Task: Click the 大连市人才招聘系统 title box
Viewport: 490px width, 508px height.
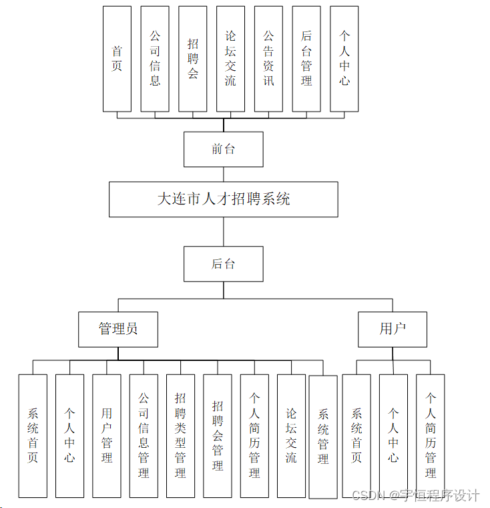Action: pos(223,199)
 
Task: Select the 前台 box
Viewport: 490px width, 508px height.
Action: pos(223,149)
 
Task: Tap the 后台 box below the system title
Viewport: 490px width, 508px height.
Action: pos(223,264)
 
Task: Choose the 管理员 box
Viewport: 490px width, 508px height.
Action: pos(118,329)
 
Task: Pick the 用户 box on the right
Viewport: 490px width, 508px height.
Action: pos(393,329)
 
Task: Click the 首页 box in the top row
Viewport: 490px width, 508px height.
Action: pos(117,59)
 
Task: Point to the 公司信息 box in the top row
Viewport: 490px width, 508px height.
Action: pos(155,59)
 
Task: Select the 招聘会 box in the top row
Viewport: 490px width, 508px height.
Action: pos(193,59)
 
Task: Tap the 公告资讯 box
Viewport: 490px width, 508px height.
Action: pos(268,59)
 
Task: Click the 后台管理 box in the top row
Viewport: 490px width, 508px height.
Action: pos(306,59)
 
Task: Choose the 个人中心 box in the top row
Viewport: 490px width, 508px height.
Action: pos(344,59)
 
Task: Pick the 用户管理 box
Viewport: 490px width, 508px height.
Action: pos(107,436)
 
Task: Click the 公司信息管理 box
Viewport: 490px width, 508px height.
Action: pos(144,436)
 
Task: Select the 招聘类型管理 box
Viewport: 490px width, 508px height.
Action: pos(180,436)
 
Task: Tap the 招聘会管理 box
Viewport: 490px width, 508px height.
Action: pos(218,436)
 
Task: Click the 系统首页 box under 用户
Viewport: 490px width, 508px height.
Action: pos(356,436)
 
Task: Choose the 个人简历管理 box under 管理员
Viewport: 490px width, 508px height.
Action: pos(254,436)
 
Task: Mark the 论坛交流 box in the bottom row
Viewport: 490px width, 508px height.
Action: pos(291,436)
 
